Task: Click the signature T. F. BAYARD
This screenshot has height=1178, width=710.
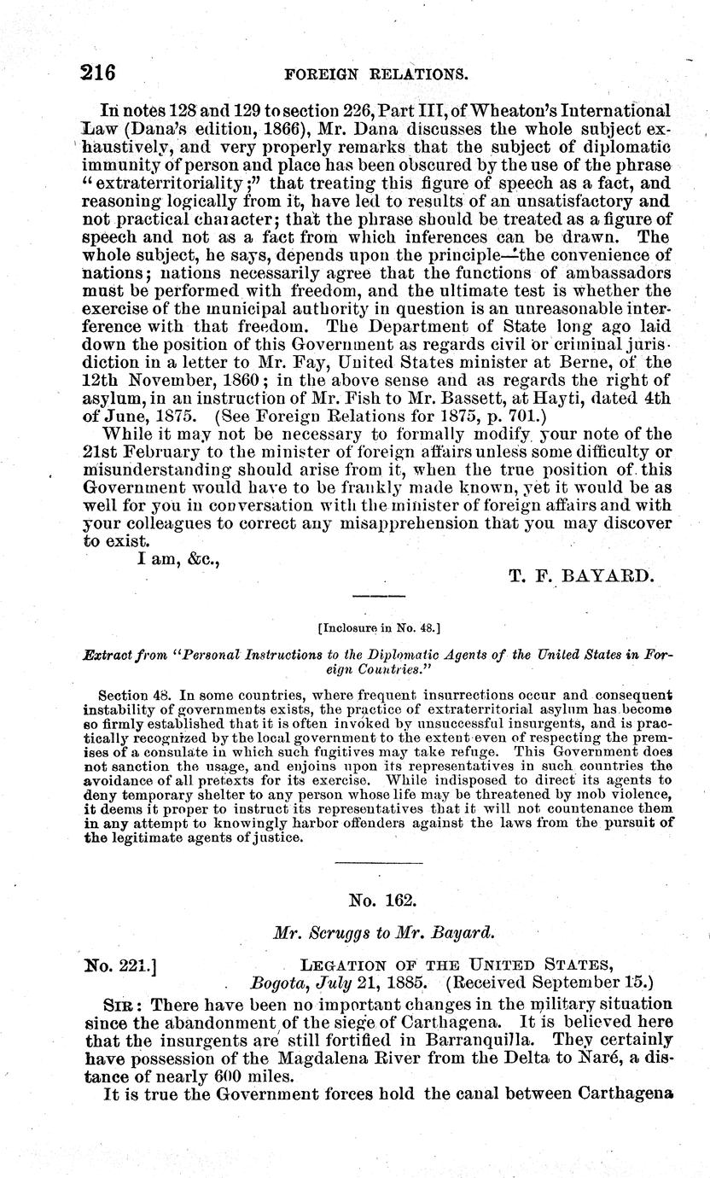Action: tap(581, 576)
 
